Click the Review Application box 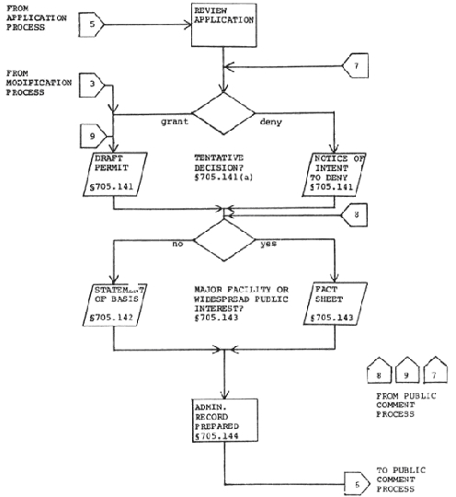coord(224,25)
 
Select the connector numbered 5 coord(91,25)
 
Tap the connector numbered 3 coord(92,85)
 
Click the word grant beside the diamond coord(175,121)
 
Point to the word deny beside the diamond coord(270,121)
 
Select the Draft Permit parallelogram coord(115,174)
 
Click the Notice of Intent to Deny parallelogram coord(334,175)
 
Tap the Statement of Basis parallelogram coord(115,305)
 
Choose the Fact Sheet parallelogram coord(336,304)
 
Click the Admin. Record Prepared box coord(225,421)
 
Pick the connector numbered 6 coord(357,484)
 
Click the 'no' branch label coord(177,244)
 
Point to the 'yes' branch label coord(268,243)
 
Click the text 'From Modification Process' coord(39,83)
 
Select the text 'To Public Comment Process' coord(401,480)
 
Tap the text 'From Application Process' coord(37,17)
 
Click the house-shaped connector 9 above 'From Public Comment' coord(407,370)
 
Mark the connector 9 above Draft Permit coord(93,136)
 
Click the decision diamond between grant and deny coord(223,113)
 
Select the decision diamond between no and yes coord(224,240)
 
